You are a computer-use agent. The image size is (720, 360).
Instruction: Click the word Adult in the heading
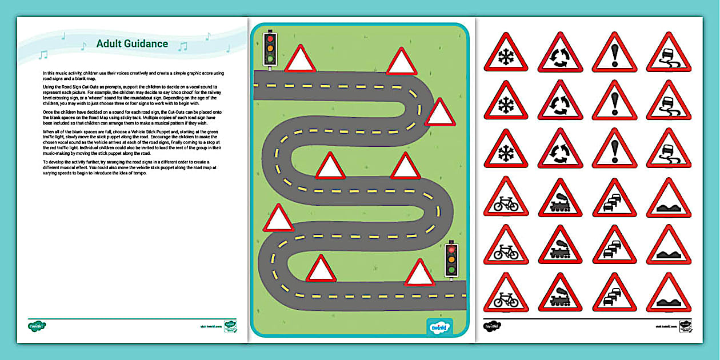click(109, 43)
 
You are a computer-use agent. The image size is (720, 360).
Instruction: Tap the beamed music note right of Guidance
click(183, 46)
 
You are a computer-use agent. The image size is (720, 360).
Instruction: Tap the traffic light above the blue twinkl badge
click(452, 261)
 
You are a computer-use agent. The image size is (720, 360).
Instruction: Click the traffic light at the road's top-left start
click(270, 49)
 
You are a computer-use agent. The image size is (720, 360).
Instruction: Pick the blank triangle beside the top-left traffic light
click(301, 59)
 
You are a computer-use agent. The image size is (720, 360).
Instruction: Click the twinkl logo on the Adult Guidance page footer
click(37, 326)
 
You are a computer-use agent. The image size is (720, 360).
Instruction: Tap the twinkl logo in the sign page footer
click(492, 326)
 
